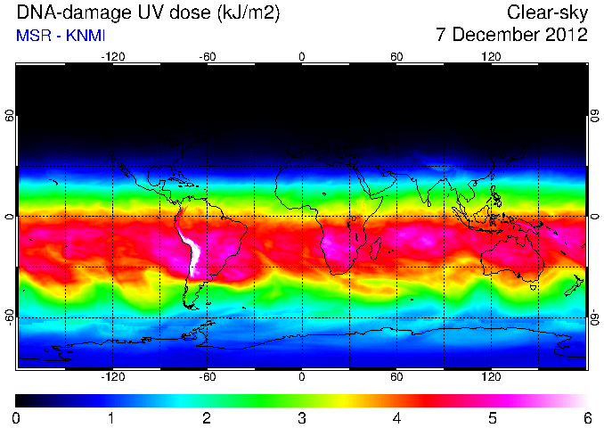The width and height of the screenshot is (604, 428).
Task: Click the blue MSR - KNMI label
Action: (61, 36)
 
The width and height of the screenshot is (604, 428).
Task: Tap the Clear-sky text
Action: (547, 13)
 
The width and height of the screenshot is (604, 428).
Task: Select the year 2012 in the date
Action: (567, 35)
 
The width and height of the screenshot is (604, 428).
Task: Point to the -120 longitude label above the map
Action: (113, 57)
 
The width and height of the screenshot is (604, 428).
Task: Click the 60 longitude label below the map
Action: (396, 376)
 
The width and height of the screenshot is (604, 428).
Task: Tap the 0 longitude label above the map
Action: (302, 57)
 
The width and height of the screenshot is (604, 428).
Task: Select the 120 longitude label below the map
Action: (491, 376)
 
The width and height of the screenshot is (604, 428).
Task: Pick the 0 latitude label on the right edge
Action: (595, 217)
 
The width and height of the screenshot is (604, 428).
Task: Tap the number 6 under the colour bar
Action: (587, 418)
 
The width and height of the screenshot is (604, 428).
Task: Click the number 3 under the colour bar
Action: (302, 418)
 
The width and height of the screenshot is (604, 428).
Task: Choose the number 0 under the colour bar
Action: (16, 418)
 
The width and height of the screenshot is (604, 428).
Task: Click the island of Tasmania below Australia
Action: (534, 287)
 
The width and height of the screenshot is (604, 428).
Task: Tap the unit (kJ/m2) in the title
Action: (249, 13)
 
